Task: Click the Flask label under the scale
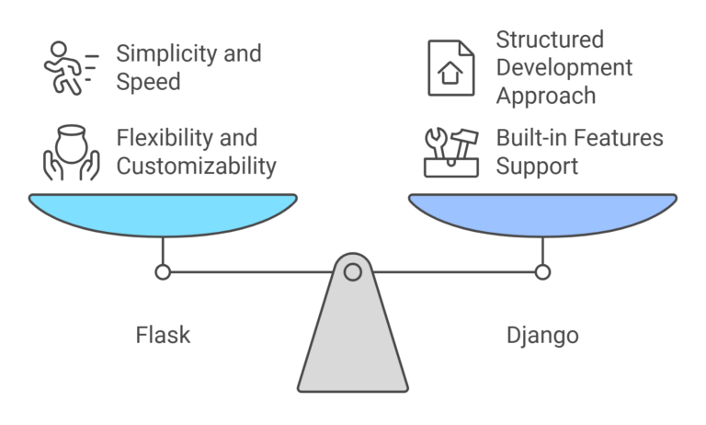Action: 163,334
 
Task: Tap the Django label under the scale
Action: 542,335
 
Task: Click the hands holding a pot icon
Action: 71,153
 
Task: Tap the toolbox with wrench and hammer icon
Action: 451,152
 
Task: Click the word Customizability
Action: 196,167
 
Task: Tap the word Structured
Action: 550,40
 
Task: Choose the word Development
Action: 564,67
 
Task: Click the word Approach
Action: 545,95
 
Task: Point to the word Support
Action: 537,167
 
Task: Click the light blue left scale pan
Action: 163,213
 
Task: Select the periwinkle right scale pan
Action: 542,213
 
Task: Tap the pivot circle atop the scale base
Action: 352,271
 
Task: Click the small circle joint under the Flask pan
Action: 163,271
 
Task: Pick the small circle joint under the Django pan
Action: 542,271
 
